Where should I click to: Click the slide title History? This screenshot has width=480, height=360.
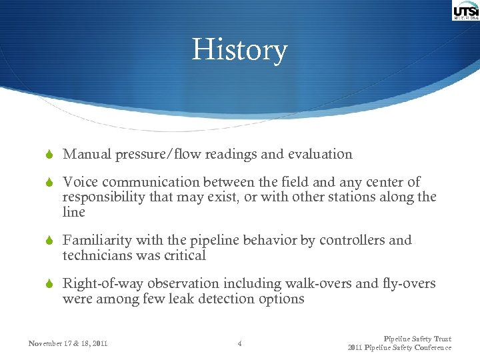pyautogui.click(x=239, y=50)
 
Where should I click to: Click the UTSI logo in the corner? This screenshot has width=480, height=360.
pyautogui.click(x=465, y=11)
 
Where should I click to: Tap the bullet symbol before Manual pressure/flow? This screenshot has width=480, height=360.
pyautogui.click(x=48, y=155)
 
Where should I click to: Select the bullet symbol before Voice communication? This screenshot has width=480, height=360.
pyautogui.click(x=48, y=183)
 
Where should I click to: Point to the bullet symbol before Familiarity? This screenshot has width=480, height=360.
pyautogui.click(x=48, y=241)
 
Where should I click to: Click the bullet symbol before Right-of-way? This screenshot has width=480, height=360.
pyautogui.click(x=48, y=284)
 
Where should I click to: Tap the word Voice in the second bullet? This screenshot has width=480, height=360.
pyautogui.click(x=78, y=182)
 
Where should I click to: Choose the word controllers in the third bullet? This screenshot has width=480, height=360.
pyautogui.click(x=348, y=241)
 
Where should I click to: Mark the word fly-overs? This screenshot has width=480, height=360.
pyautogui.click(x=409, y=284)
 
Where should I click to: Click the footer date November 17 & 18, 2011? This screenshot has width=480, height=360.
pyautogui.click(x=68, y=344)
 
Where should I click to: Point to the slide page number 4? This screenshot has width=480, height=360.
pyautogui.click(x=240, y=344)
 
